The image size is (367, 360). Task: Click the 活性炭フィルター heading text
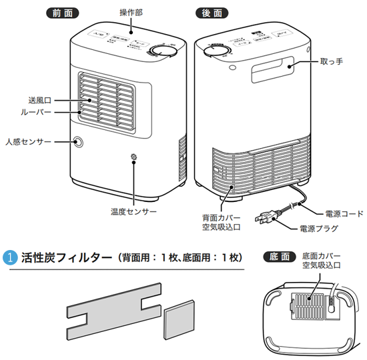pos(67,257)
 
